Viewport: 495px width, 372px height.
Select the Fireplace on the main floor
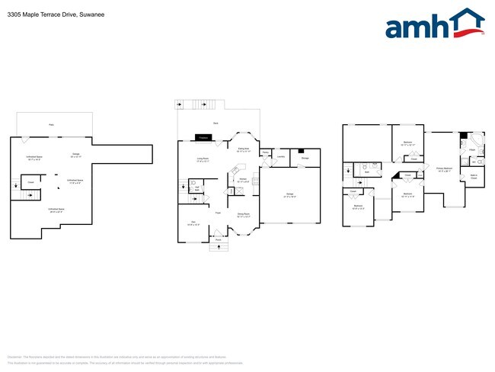[203, 137]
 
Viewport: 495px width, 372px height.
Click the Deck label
[216, 123]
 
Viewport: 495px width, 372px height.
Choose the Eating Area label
[244, 150]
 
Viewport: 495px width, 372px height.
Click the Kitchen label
[242, 181]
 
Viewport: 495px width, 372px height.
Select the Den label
[193, 222]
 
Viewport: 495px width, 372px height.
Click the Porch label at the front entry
[218, 239]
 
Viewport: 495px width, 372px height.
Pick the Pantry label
[265, 153]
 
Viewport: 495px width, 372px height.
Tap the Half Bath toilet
[193, 183]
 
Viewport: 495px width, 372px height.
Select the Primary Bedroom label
[445, 169]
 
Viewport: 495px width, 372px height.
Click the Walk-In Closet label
[474, 177]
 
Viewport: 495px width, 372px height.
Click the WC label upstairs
[475, 162]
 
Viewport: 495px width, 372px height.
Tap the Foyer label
[218, 212]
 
